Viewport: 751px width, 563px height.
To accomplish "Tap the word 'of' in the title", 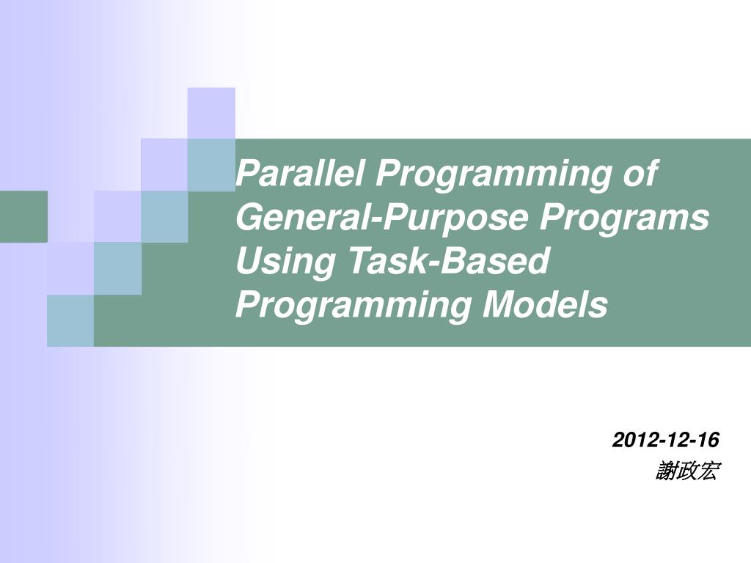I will click(x=639, y=174).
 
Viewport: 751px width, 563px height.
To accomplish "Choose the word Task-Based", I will click(x=448, y=262).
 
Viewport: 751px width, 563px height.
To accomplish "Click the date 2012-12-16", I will click(x=666, y=440).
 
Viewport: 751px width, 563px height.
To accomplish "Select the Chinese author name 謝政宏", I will click(x=687, y=471).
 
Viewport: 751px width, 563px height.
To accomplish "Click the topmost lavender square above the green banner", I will click(x=211, y=113).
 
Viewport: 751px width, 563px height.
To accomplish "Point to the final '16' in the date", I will click(x=708, y=440).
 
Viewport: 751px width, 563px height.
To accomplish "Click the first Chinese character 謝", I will click(x=667, y=471).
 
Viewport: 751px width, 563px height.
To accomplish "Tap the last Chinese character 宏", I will click(x=707, y=471).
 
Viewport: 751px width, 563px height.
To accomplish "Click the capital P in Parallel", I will click(x=246, y=174).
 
